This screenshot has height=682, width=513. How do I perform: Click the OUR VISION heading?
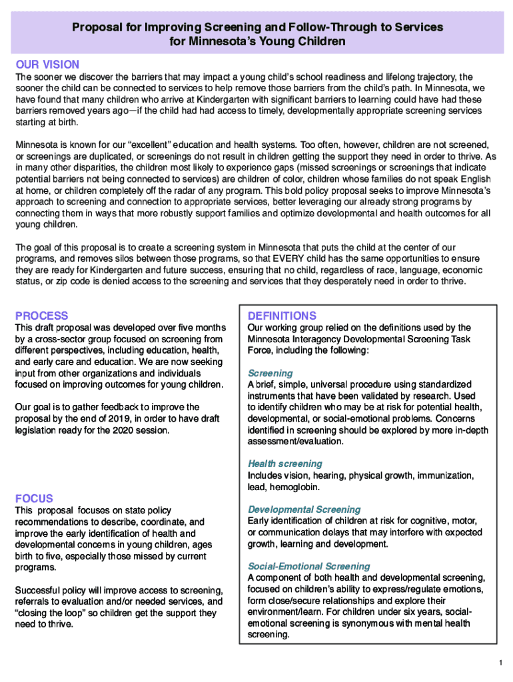[x=47, y=65]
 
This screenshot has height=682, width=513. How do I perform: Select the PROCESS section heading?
[x=42, y=316]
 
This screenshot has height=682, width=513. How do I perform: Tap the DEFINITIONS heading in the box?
[x=282, y=316]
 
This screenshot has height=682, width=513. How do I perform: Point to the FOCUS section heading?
[x=34, y=499]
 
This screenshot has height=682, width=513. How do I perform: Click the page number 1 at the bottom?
[x=499, y=663]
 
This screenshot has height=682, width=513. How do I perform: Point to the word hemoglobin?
[x=291, y=488]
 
